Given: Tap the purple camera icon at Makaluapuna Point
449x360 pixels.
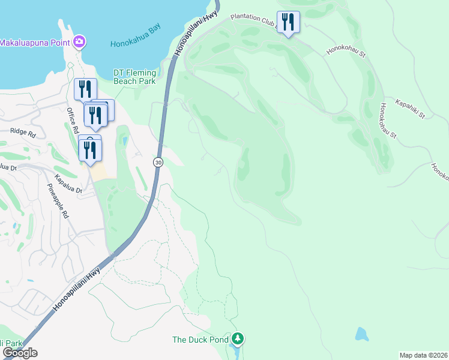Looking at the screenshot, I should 79,41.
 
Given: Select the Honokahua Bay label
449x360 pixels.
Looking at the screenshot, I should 135,43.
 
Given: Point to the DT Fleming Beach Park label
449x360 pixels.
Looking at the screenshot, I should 134,77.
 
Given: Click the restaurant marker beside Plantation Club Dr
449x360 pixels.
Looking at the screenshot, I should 288,23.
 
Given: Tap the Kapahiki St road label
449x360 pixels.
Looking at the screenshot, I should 409,108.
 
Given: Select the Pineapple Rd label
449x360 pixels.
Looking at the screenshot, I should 58,201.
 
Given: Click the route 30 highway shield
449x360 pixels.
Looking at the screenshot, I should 158,162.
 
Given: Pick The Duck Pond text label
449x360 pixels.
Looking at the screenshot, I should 200,340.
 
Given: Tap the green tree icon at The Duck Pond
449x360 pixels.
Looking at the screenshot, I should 238,340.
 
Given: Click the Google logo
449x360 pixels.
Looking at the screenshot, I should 19,353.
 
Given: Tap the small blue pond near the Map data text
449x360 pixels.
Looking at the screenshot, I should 361,334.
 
